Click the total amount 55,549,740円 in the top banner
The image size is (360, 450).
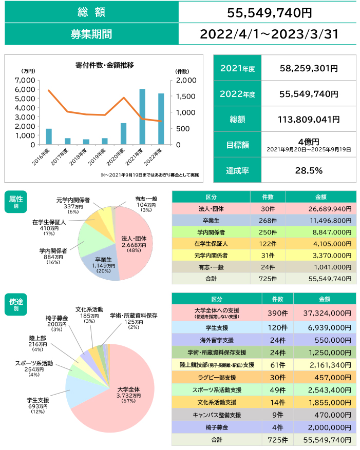pyautogui.click(x=270, y=12)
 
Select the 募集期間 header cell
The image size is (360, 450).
pyautogui.click(x=91, y=34)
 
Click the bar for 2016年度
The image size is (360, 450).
pyautogui.click(x=49, y=136)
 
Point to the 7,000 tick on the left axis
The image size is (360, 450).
pyautogui.click(x=26, y=81)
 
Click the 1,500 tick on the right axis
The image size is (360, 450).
pyautogui.click(x=184, y=96)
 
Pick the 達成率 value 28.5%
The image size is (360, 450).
pyautogui.click(x=309, y=170)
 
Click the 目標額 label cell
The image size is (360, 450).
pyautogui.click(x=238, y=145)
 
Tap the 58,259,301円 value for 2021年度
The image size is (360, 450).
pyautogui.click(x=309, y=68)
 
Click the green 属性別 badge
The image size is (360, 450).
pyautogui.click(x=16, y=201)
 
